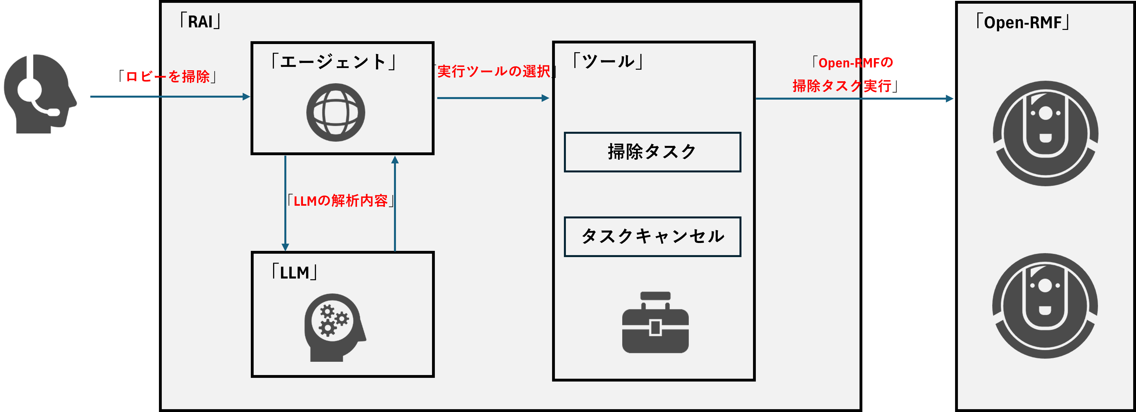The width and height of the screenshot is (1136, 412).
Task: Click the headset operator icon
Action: click(40, 93)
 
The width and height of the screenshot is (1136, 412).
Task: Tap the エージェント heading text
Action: click(334, 62)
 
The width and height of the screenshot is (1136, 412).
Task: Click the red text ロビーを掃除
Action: click(171, 76)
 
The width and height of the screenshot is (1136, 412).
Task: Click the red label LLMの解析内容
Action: click(340, 201)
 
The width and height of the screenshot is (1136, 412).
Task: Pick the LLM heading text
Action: click(294, 273)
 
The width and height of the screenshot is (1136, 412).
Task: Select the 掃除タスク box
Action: click(652, 152)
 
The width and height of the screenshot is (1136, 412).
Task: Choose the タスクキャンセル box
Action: click(652, 237)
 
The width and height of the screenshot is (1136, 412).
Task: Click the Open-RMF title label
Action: click(1022, 22)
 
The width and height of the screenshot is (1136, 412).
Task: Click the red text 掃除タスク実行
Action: click(842, 86)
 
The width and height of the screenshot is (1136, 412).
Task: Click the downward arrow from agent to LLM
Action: click(285, 203)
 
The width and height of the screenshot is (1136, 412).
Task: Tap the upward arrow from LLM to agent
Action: click(395, 203)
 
